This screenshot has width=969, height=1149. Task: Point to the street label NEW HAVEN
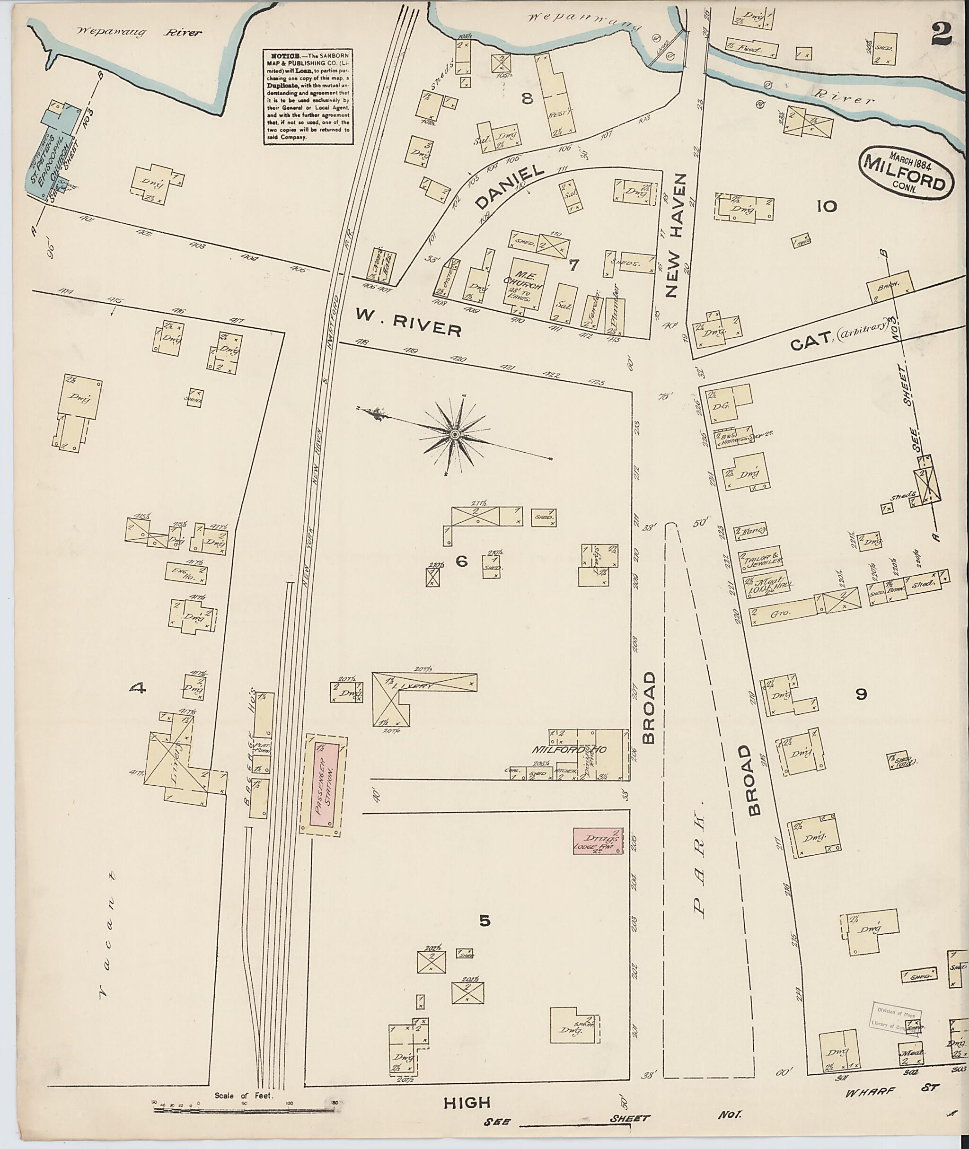tap(675, 235)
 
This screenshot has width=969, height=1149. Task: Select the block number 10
tap(826, 207)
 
